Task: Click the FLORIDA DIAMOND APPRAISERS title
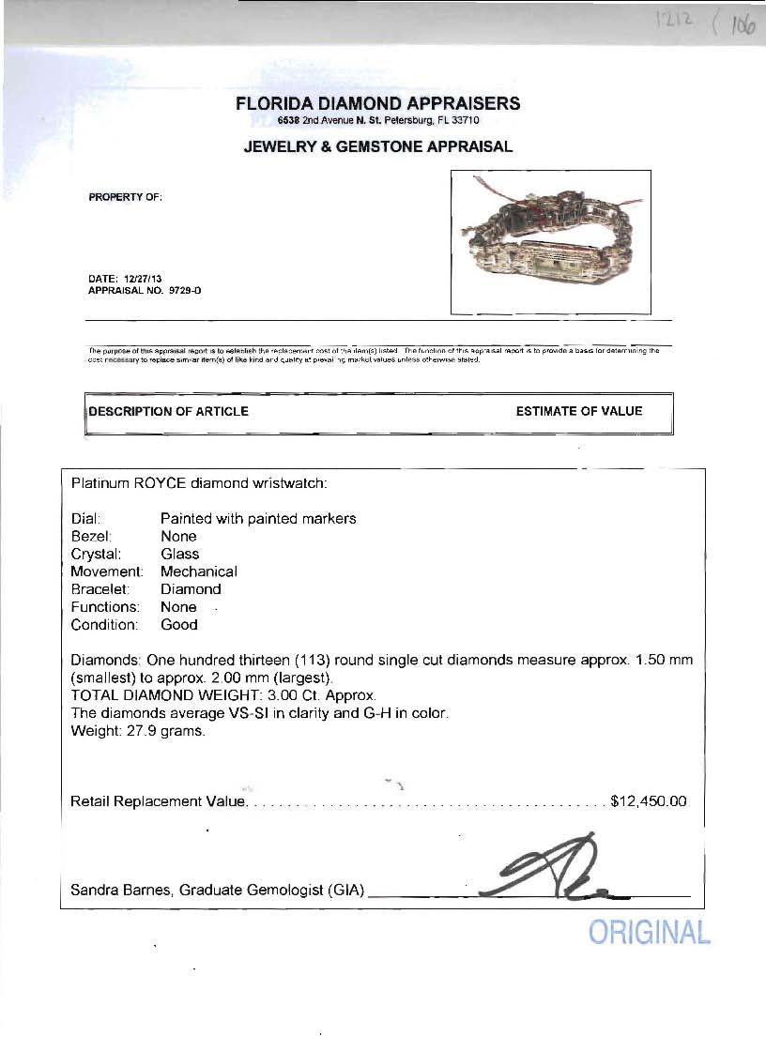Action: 377,103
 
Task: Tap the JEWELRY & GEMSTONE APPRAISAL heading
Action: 377,146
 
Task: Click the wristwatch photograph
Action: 551,241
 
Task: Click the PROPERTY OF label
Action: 125,197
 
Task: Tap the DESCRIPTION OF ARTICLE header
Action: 169,411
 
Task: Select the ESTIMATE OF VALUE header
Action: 579,411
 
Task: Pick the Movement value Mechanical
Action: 199,571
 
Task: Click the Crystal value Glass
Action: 179,554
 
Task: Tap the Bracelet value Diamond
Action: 191,589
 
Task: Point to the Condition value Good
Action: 178,624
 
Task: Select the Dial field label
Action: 86,519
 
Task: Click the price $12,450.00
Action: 649,801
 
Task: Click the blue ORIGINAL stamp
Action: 649,933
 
